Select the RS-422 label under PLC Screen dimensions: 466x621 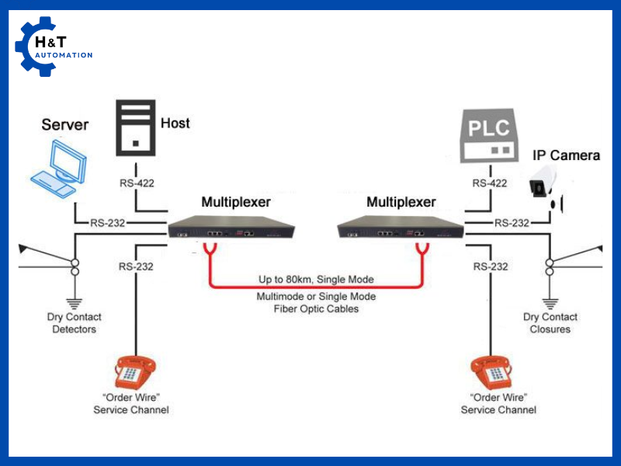[490, 183]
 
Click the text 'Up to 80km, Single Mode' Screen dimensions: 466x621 [316, 279]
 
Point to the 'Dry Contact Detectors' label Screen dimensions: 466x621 [74, 323]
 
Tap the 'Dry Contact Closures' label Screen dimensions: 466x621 [550, 323]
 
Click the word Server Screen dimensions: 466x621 [64, 124]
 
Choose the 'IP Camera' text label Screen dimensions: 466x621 [566, 155]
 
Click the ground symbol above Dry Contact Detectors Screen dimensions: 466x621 [75, 302]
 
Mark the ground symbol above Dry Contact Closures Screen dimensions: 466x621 [550, 302]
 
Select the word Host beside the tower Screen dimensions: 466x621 [175, 123]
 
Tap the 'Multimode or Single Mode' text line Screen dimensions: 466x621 [316, 297]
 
